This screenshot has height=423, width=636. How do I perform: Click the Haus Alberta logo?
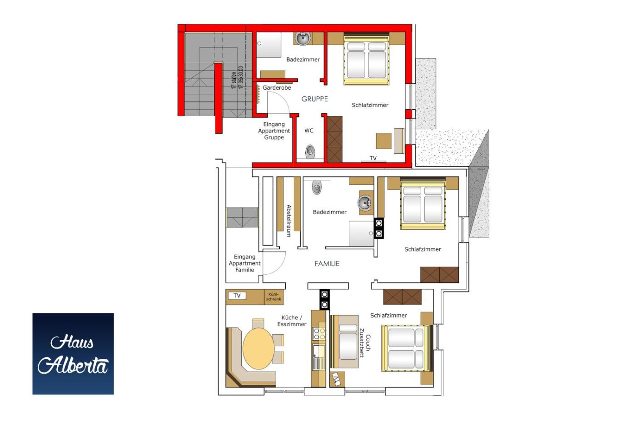pyautogui.click(x=73, y=354)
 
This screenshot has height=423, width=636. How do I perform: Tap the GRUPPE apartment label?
pyautogui.click(x=314, y=99)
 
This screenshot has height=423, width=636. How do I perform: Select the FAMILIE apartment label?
pyautogui.click(x=327, y=263)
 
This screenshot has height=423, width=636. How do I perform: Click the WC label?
pyautogui.click(x=309, y=131)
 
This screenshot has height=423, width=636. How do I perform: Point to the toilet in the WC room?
pyautogui.click(x=310, y=151)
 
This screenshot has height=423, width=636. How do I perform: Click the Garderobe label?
pyautogui.click(x=277, y=87)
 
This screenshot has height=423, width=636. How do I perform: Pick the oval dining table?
pyautogui.click(x=258, y=348)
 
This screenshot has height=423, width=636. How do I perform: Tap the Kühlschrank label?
pyautogui.click(x=273, y=297)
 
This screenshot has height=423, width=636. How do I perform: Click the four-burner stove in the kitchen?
pyautogui.click(x=319, y=333)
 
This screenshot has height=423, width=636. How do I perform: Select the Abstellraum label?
pyautogui.click(x=289, y=221)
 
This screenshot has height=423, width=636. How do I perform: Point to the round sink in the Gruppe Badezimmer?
pyautogui.click(x=303, y=38)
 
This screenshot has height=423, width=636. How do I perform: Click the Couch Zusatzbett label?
pyautogui.click(x=365, y=343)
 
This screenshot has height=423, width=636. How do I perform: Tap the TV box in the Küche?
pyautogui.click(x=237, y=296)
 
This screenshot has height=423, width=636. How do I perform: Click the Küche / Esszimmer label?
pyautogui.click(x=292, y=321)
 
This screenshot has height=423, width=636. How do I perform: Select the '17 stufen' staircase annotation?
pyautogui.click(x=234, y=80)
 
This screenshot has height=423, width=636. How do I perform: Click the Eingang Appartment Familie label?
pyautogui.click(x=245, y=263)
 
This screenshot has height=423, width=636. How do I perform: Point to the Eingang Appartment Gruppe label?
pyautogui.click(x=274, y=131)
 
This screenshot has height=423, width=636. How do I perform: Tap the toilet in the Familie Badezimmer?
pyautogui.click(x=317, y=187)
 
